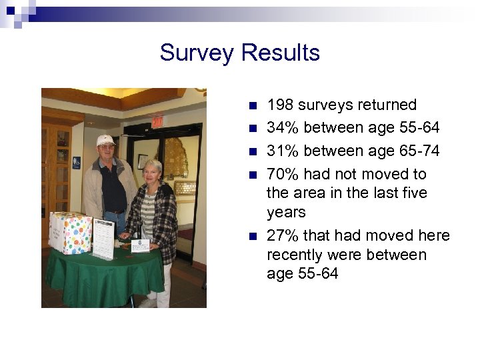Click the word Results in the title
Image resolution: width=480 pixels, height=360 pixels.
pos(281,52)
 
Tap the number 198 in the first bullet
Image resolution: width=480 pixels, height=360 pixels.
pos(280,105)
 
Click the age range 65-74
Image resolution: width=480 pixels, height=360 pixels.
pos(417,151)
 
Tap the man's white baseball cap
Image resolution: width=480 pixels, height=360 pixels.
pos(105,140)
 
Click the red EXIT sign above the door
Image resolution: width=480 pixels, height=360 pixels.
pos(157,122)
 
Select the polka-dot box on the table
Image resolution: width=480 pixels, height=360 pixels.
pos(71,233)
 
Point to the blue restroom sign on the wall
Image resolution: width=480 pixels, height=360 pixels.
pos(77,161)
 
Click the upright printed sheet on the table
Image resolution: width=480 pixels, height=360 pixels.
pos(103,239)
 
